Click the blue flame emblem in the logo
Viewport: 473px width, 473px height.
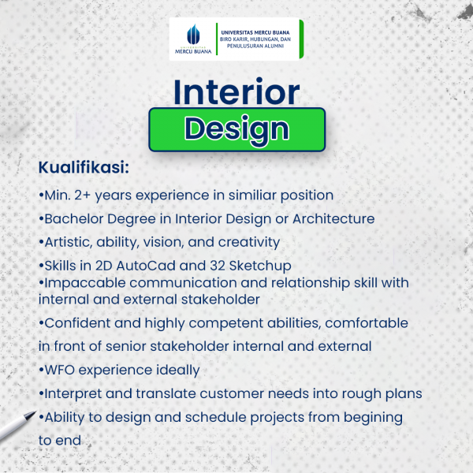point(193,34)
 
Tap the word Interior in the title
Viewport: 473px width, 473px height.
point(236,91)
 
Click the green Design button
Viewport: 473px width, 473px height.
point(236,130)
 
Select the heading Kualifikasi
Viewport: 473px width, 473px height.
point(84,167)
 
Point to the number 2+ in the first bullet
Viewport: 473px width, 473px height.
point(82,196)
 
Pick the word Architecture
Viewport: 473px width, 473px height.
point(333,218)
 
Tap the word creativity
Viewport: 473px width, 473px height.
point(249,243)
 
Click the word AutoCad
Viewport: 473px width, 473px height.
point(146,266)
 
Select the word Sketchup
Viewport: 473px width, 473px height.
point(260,266)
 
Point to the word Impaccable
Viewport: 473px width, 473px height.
point(85,283)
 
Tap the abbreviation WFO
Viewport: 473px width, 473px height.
point(60,370)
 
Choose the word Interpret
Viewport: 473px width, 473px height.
point(73,394)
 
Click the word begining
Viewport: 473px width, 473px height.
point(373,418)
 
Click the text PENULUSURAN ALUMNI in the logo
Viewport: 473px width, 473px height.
point(255,46)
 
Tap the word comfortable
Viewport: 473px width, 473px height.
point(367,323)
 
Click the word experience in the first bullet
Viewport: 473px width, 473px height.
point(172,196)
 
